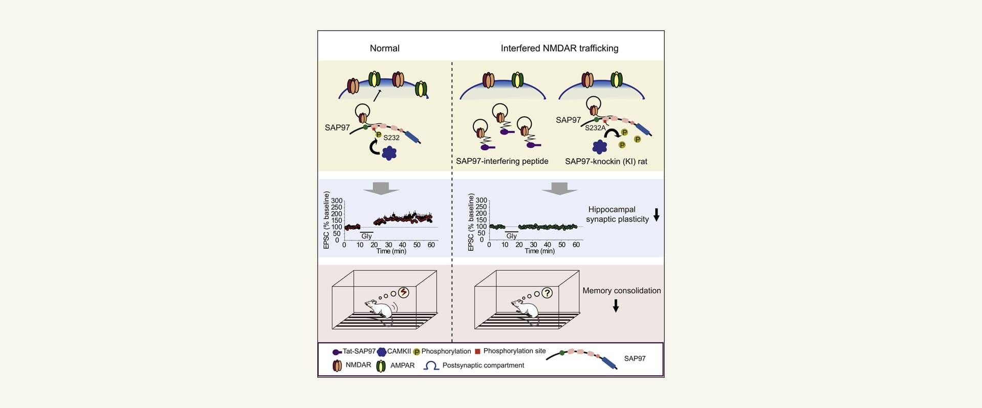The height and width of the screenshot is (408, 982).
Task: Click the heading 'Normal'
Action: (384, 48)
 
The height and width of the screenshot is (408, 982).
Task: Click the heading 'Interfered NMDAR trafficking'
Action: (559, 48)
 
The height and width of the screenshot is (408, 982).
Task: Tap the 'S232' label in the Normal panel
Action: (391, 138)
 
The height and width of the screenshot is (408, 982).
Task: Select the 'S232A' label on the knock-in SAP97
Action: (595, 128)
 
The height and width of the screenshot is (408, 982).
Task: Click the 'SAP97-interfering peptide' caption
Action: (502, 161)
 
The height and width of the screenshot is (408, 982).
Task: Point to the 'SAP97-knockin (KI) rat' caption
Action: (606, 161)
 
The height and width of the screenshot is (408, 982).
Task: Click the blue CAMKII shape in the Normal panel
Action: (389, 153)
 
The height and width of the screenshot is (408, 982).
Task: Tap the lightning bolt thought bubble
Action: (404, 292)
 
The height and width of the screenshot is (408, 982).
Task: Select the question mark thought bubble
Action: (547, 293)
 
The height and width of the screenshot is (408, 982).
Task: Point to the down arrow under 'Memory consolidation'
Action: (616, 306)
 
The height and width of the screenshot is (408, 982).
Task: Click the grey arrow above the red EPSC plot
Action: (381, 188)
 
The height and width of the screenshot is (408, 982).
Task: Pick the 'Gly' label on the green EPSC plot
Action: (511, 236)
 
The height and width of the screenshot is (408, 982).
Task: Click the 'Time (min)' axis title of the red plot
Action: (391, 251)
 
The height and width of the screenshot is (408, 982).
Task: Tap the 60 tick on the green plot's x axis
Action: (576, 245)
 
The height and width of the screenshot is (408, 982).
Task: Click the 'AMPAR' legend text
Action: (402, 366)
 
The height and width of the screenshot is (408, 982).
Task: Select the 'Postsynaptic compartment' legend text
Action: (483, 366)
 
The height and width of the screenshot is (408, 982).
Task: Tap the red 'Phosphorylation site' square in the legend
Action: (477, 352)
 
